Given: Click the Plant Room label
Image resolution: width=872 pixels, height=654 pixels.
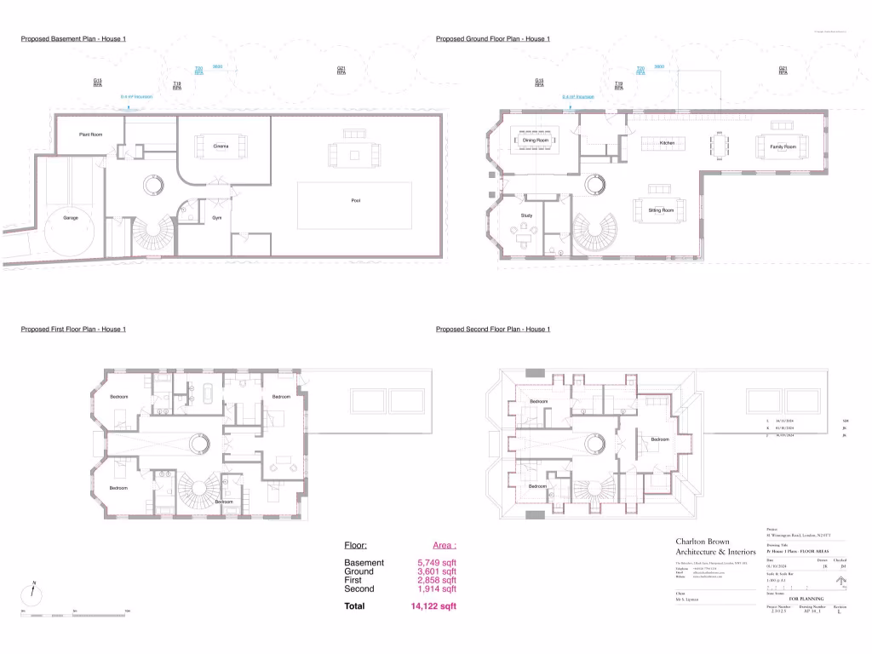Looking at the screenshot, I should (x=91, y=134).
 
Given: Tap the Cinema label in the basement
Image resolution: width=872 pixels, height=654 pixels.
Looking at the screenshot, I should (x=221, y=146).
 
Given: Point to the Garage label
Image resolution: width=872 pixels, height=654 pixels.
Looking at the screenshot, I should (x=71, y=217).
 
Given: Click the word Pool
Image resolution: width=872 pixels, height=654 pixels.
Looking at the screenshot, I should (x=356, y=201).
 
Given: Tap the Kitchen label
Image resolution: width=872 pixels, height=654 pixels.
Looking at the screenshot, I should (x=667, y=143).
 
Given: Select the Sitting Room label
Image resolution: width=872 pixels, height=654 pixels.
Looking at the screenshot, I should (x=661, y=209).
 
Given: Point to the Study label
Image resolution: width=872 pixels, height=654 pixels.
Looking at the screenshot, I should (x=526, y=216).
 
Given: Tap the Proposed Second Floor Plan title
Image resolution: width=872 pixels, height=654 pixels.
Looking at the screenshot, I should (x=492, y=330).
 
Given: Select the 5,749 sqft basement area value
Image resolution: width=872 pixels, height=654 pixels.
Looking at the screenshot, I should (x=436, y=563).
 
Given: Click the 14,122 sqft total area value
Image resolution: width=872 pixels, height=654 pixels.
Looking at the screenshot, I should (x=433, y=606).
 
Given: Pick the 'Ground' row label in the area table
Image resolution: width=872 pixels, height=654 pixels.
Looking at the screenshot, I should (x=359, y=571).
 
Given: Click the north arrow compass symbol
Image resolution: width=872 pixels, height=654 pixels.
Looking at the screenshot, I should (x=32, y=594).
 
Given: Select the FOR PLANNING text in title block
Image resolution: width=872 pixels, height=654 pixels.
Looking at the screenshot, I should (x=805, y=599).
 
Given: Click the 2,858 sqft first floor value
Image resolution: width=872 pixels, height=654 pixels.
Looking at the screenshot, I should (x=436, y=580).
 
